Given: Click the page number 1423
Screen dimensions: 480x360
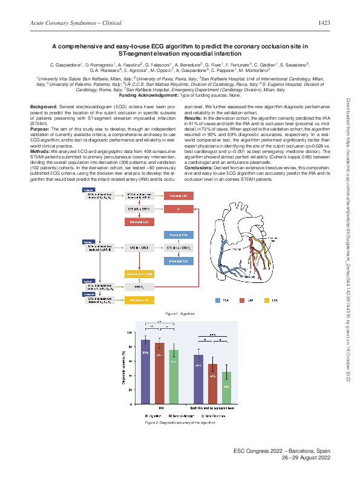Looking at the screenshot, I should pos(324,22).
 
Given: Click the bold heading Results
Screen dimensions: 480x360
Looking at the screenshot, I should pos(195,117).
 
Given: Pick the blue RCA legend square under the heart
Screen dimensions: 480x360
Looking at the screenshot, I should pos(218,300).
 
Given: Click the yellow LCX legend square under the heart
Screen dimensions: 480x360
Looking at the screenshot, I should pos(267,300).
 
